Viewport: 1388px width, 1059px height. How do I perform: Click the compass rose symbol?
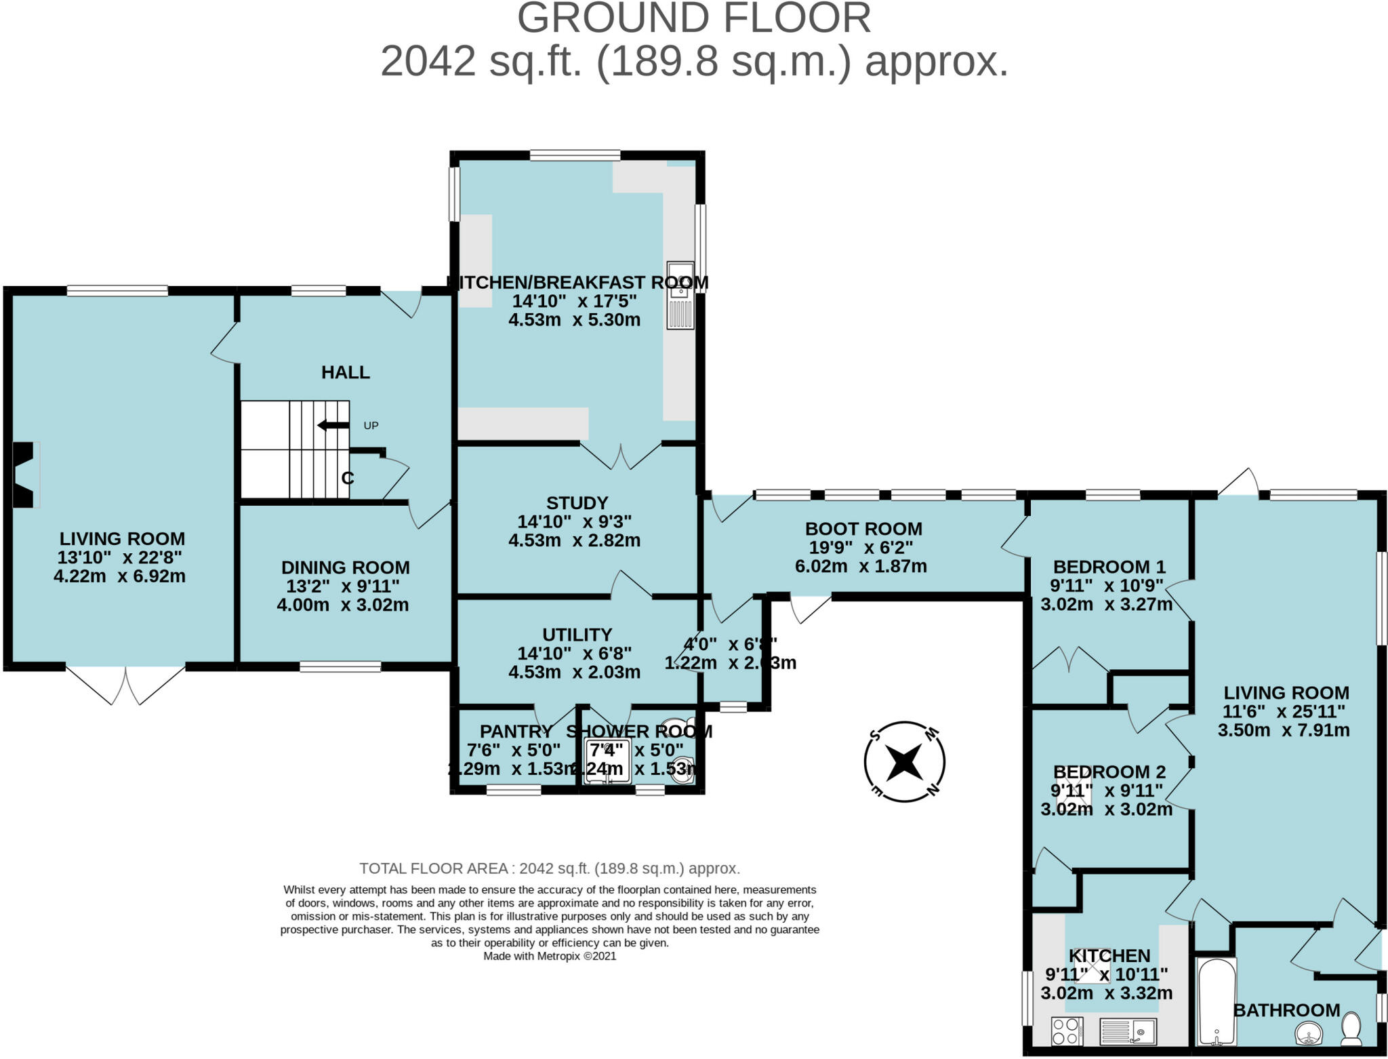click(904, 761)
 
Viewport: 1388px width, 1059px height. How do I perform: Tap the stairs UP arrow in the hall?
click(333, 425)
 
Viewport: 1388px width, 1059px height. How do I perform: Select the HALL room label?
click(345, 372)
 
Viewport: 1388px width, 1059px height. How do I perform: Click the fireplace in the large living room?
click(24, 474)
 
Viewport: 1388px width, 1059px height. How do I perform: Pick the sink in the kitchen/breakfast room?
click(680, 296)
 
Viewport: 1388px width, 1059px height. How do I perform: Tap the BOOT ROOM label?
click(863, 528)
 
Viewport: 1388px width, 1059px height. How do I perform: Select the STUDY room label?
click(577, 502)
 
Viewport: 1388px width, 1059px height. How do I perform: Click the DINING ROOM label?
click(345, 567)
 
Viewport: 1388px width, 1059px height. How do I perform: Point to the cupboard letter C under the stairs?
click(348, 478)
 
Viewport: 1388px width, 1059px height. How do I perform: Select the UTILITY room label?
click(577, 634)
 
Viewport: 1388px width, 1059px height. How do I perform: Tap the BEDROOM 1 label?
click(1109, 566)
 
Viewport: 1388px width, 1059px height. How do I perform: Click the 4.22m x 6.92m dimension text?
click(119, 576)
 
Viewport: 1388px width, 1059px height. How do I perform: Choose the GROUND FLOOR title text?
click(693, 18)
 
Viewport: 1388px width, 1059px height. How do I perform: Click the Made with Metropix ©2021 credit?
click(550, 956)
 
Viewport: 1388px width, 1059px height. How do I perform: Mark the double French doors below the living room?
click(125, 685)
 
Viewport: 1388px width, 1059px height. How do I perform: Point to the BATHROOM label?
click(1286, 1010)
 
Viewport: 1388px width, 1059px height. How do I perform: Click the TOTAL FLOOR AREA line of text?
click(549, 868)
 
